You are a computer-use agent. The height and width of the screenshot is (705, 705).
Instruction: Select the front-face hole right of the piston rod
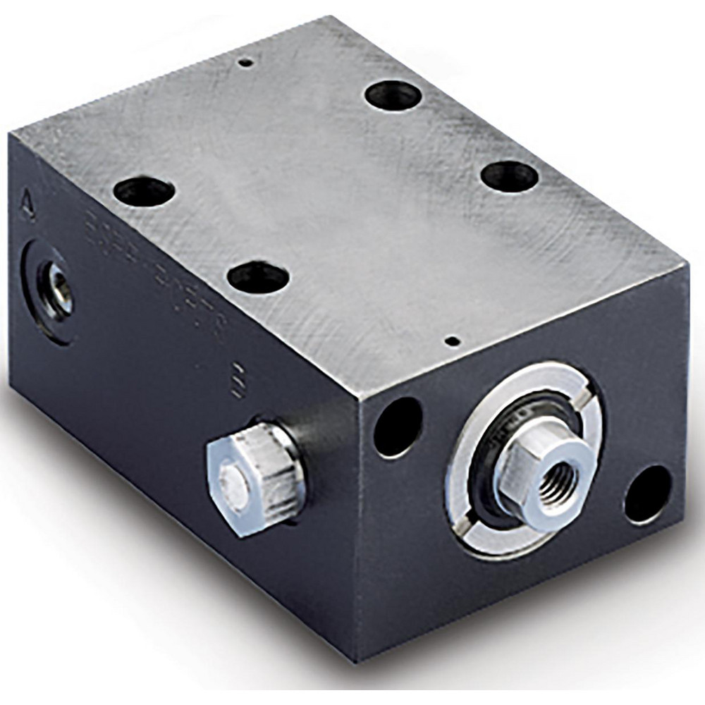coord(646,492)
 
